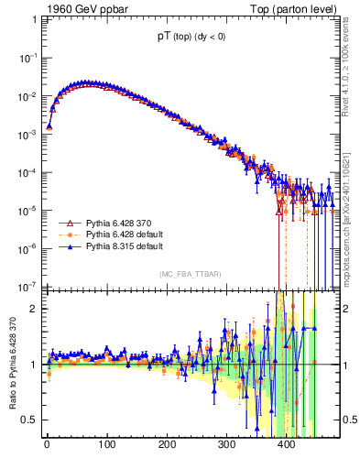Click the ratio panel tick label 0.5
(31, 420)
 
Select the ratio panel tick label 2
(35, 309)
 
